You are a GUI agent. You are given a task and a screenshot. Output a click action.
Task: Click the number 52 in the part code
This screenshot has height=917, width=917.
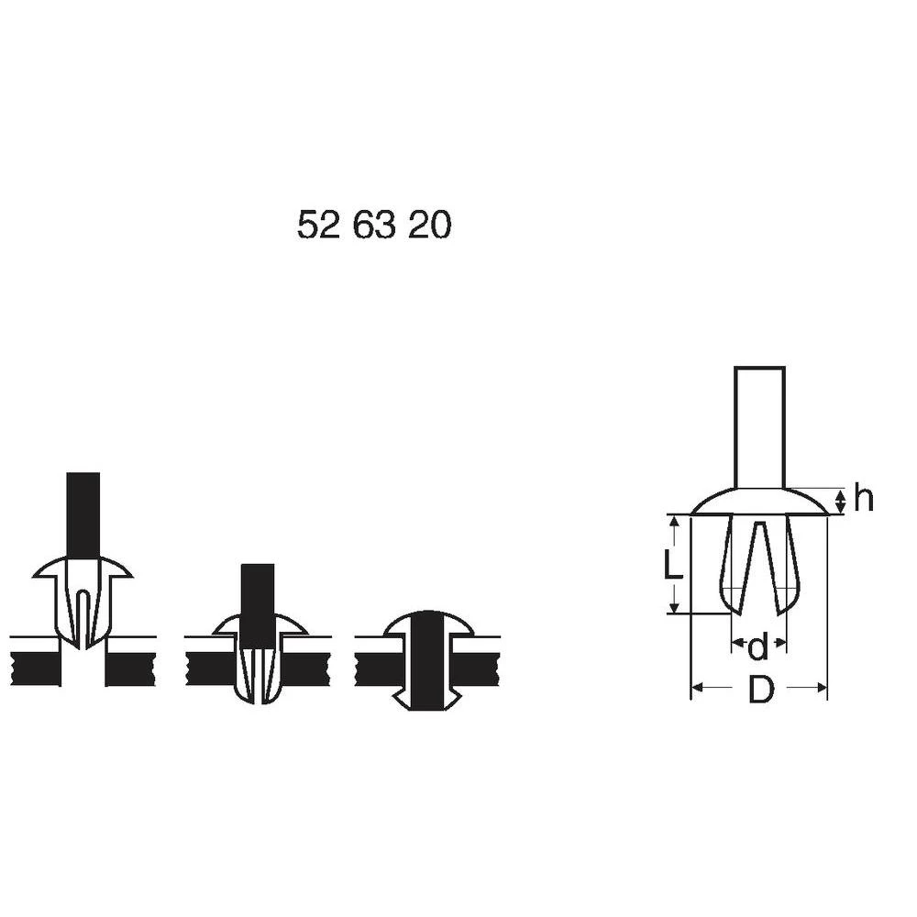click(318, 226)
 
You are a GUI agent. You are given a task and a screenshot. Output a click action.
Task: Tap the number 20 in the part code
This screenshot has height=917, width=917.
click(429, 226)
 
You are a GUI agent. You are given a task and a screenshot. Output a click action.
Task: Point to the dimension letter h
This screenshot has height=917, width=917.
click(863, 499)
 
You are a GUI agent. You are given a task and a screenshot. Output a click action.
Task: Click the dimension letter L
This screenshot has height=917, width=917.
click(674, 564)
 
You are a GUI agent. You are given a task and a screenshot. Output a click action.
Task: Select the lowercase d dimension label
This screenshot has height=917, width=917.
click(757, 647)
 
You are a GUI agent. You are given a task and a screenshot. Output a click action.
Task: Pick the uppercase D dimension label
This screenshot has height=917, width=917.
click(759, 690)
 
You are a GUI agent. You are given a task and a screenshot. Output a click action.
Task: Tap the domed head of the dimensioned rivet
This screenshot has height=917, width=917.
click(759, 502)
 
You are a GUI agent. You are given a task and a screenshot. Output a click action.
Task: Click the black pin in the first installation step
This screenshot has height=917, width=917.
click(83, 514)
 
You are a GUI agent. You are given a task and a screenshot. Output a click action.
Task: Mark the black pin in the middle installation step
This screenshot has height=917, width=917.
click(257, 596)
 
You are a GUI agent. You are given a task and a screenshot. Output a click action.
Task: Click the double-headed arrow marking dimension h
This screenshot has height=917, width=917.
click(839, 501)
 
